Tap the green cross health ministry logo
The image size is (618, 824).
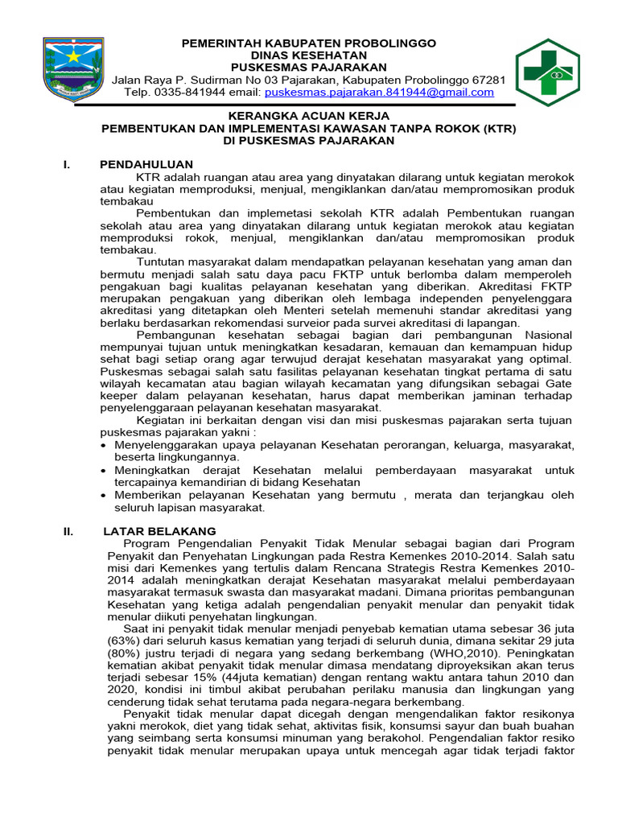(x=548, y=72)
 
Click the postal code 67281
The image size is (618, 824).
(x=488, y=80)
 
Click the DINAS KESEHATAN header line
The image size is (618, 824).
(x=308, y=55)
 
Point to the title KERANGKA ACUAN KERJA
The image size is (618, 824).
(x=308, y=116)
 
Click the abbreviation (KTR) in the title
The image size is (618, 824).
(x=499, y=128)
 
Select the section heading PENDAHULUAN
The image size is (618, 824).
(x=146, y=165)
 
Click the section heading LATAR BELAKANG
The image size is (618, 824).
(x=159, y=531)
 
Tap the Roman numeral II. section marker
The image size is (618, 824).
(x=69, y=531)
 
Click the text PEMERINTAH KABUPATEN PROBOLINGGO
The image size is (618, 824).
(x=308, y=43)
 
